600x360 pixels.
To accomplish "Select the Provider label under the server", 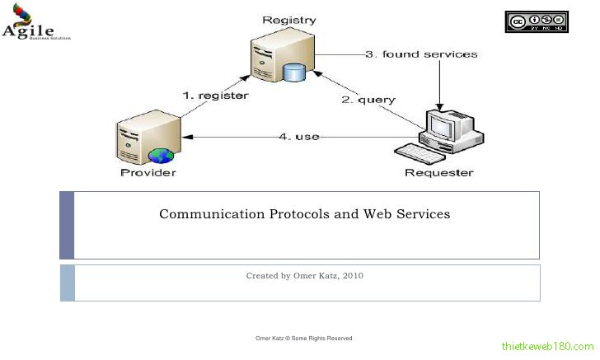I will pyautogui.click(x=148, y=172).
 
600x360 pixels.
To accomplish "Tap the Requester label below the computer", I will pyautogui.click(x=439, y=172).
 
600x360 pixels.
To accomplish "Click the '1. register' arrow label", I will pyautogui.click(x=215, y=96).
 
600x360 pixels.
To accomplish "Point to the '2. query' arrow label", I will pyautogui.click(x=368, y=100).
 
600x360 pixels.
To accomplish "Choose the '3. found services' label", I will pyautogui.click(x=421, y=54).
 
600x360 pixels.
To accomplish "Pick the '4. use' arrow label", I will pyautogui.click(x=298, y=136).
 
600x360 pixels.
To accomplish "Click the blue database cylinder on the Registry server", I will pyautogui.click(x=294, y=73).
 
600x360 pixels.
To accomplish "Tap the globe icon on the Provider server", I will pyautogui.click(x=159, y=155).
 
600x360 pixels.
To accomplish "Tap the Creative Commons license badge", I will pyautogui.click(x=537, y=22).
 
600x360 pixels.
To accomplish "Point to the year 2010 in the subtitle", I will pyautogui.click(x=352, y=276).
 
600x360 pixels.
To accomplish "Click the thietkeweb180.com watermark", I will pyautogui.click(x=547, y=347).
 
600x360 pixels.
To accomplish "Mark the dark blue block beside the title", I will pyautogui.click(x=67, y=225).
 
